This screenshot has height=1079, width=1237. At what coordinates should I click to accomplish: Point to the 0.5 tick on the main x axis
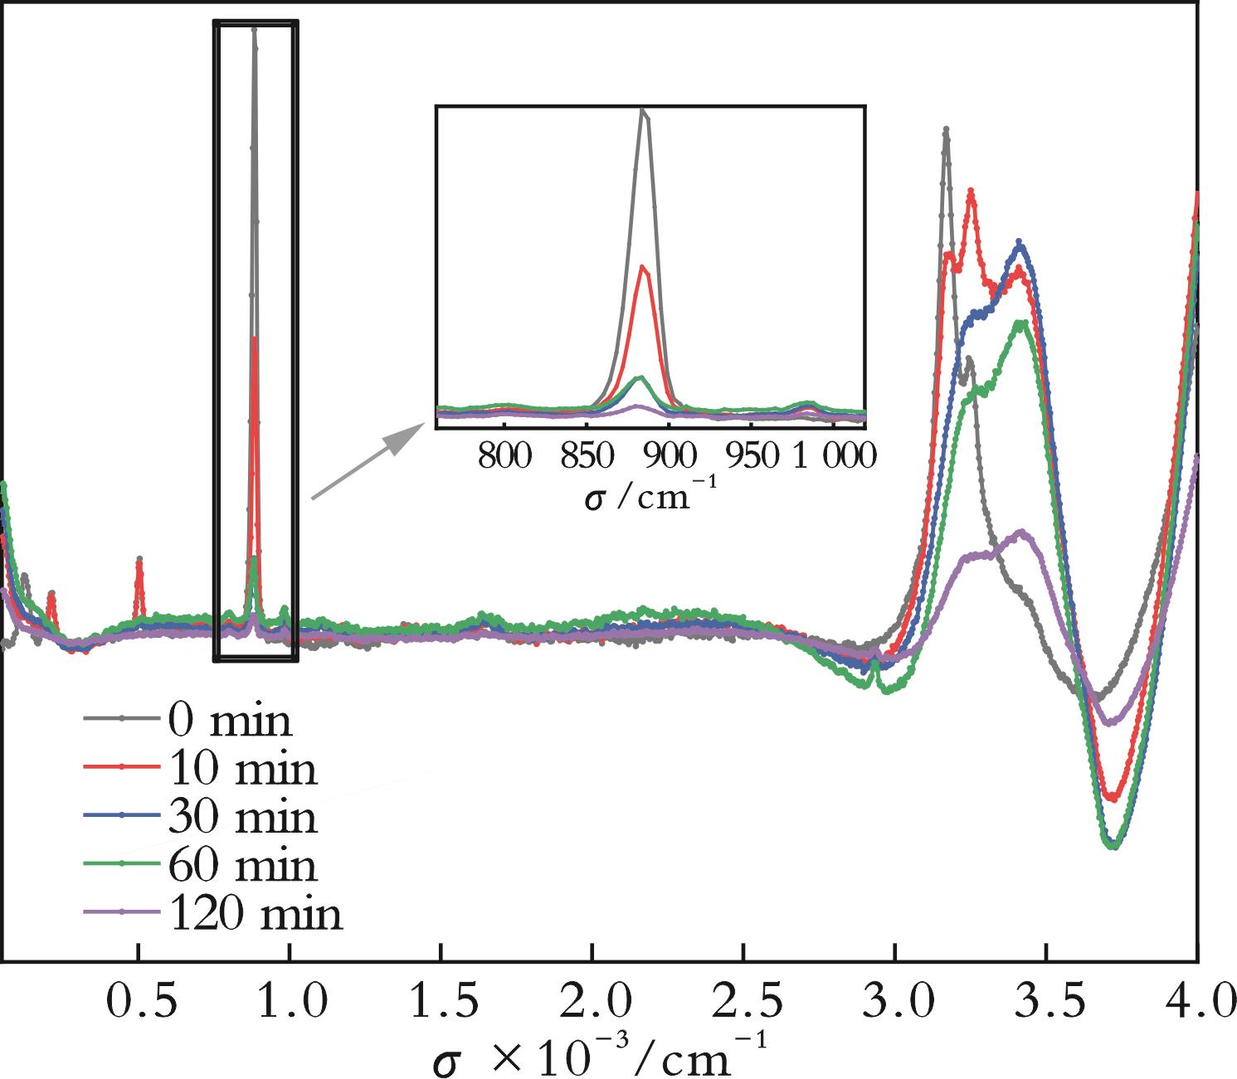point(139,1001)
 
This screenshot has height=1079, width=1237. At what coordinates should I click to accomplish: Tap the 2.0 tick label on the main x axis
point(592,1001)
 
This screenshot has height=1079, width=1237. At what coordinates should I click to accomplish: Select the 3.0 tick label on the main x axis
point(895,1001)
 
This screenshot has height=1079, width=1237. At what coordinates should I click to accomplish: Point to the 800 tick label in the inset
point(504,456)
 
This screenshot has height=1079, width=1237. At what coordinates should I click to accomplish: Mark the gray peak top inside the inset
point(643,110)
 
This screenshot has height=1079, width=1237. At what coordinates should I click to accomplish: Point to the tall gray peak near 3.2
point(946,130)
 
